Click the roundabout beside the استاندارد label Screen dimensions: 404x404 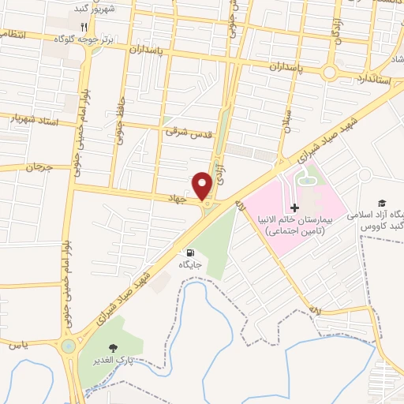[331, 73]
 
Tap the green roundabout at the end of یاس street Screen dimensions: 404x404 [69, 345]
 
